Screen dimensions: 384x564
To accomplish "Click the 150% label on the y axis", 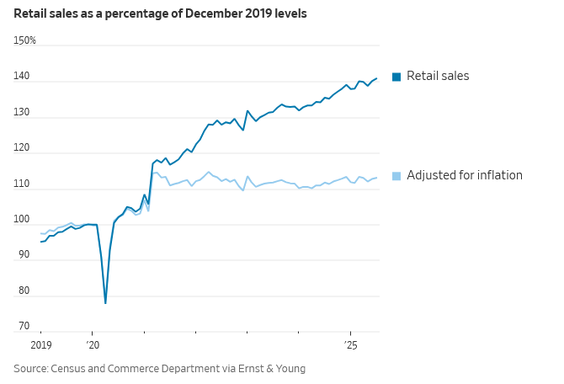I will pos(24,40).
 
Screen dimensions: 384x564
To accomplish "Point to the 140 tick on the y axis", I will pos(21,77).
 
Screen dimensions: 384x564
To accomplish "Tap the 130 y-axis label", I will pos(21,113).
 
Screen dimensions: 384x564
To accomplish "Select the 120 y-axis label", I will pos(21,148).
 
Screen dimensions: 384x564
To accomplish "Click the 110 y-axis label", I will pos(21,184).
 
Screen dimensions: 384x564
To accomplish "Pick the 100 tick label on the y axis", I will pos(21,220).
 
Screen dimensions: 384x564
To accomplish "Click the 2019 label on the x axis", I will pos(41,345).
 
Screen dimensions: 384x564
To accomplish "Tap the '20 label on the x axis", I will pos(93,345).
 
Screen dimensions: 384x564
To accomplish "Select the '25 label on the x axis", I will pos(351,345).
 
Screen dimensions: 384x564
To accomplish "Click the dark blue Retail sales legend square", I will pos(396,77).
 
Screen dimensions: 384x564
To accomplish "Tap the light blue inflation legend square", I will pos(396,176).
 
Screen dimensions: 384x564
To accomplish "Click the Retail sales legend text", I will pos(438,76).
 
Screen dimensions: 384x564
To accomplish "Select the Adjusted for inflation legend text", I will pos(465,175).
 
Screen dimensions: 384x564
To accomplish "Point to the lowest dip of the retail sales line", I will pos(105,303).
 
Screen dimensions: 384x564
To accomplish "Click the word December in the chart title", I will pos(178,13).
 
